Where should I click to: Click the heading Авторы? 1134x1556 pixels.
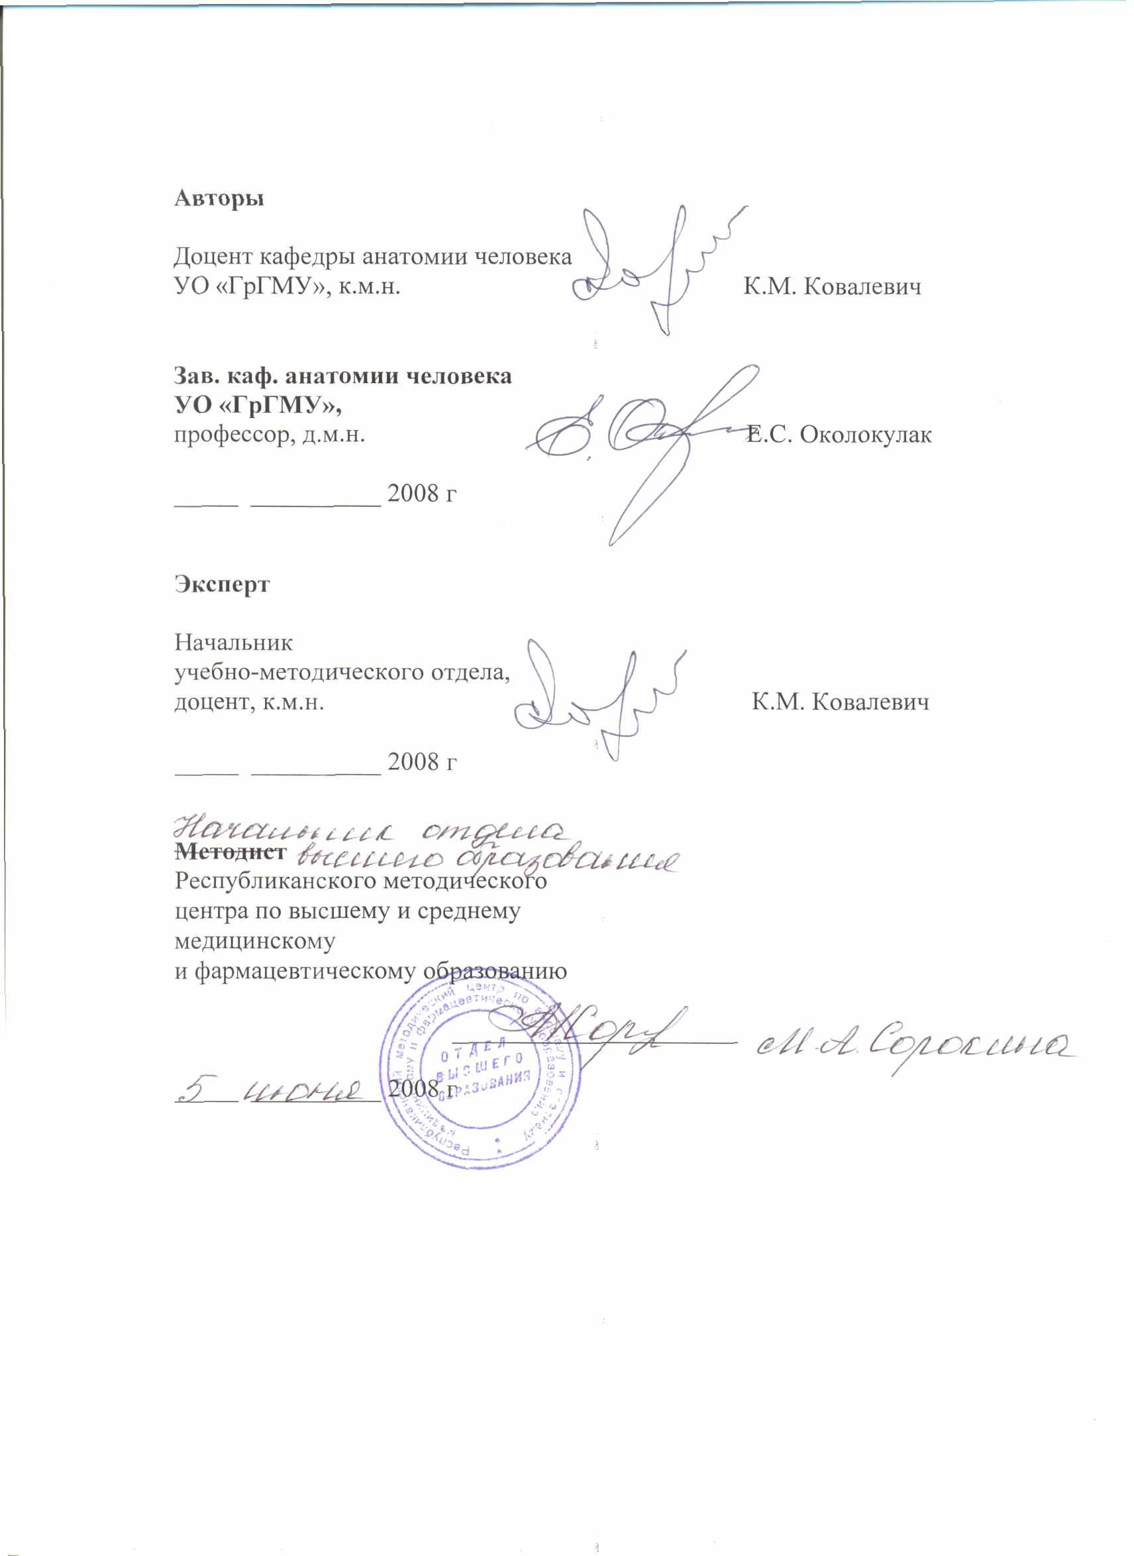point(219,199)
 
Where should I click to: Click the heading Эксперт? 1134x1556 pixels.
point(222,584)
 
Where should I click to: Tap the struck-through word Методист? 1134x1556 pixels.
point(230,852)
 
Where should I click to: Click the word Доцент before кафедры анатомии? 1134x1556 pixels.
point(213,258)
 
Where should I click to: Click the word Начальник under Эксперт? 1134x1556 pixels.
point(233,643)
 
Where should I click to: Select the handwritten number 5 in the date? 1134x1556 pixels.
point(195,1087)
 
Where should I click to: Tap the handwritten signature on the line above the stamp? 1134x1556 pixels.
point(597,1033)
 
